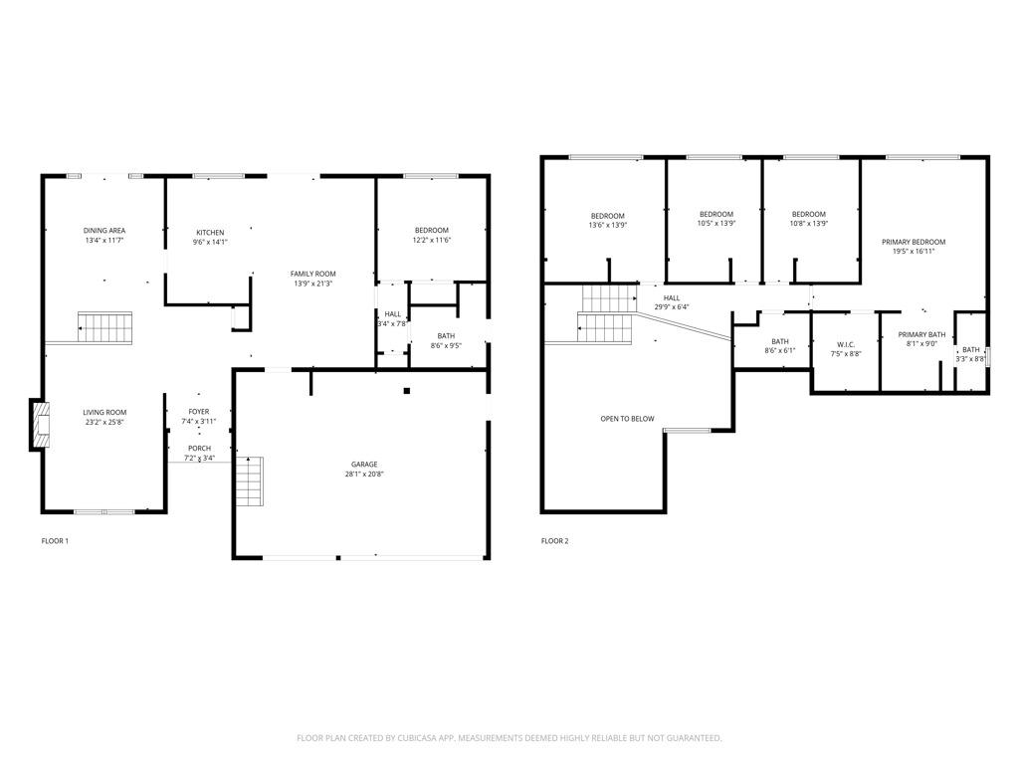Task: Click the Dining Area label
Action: click(104, 230)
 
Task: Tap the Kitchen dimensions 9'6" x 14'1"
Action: click(210, 242)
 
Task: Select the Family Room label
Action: click(312, 273)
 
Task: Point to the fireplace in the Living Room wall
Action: click(40, 425)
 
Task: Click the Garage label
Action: click(363, 464)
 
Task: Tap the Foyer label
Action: click(199, 411)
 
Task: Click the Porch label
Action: click(199, 448)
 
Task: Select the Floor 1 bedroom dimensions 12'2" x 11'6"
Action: click(432, 241)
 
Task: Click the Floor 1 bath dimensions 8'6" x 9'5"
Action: click(446, 346)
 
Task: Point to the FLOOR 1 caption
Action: click(55, 541)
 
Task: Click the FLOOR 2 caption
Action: click(554, 541)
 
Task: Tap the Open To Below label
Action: click(627, 419)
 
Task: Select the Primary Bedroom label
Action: click(913, 242)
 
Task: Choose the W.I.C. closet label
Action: click(845, 344)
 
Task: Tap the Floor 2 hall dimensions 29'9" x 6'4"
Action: click(672, 307)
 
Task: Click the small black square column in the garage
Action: click(406, 390)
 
